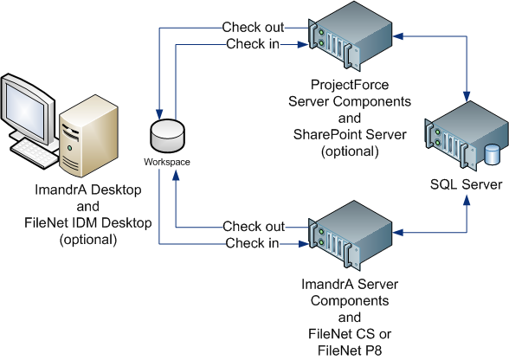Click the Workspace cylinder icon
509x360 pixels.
168,136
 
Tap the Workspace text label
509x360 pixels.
167,162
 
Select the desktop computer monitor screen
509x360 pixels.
24,111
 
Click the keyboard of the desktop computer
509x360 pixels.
34,153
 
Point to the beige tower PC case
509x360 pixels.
88,136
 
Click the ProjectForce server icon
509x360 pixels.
350,36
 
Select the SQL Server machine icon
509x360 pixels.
467,136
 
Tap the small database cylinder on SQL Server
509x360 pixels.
492,154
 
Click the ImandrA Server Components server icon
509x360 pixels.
350,235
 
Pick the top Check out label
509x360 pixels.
253,28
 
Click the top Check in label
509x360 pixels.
253,44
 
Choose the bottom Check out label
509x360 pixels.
254,227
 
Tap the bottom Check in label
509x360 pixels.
252,243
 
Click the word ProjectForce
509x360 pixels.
350,85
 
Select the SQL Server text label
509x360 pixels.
466,184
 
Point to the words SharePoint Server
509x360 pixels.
350,134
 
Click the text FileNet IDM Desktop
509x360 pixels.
88,223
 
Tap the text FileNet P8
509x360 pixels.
350,350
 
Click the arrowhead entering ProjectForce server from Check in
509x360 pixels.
303,44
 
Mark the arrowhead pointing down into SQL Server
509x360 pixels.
467,96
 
